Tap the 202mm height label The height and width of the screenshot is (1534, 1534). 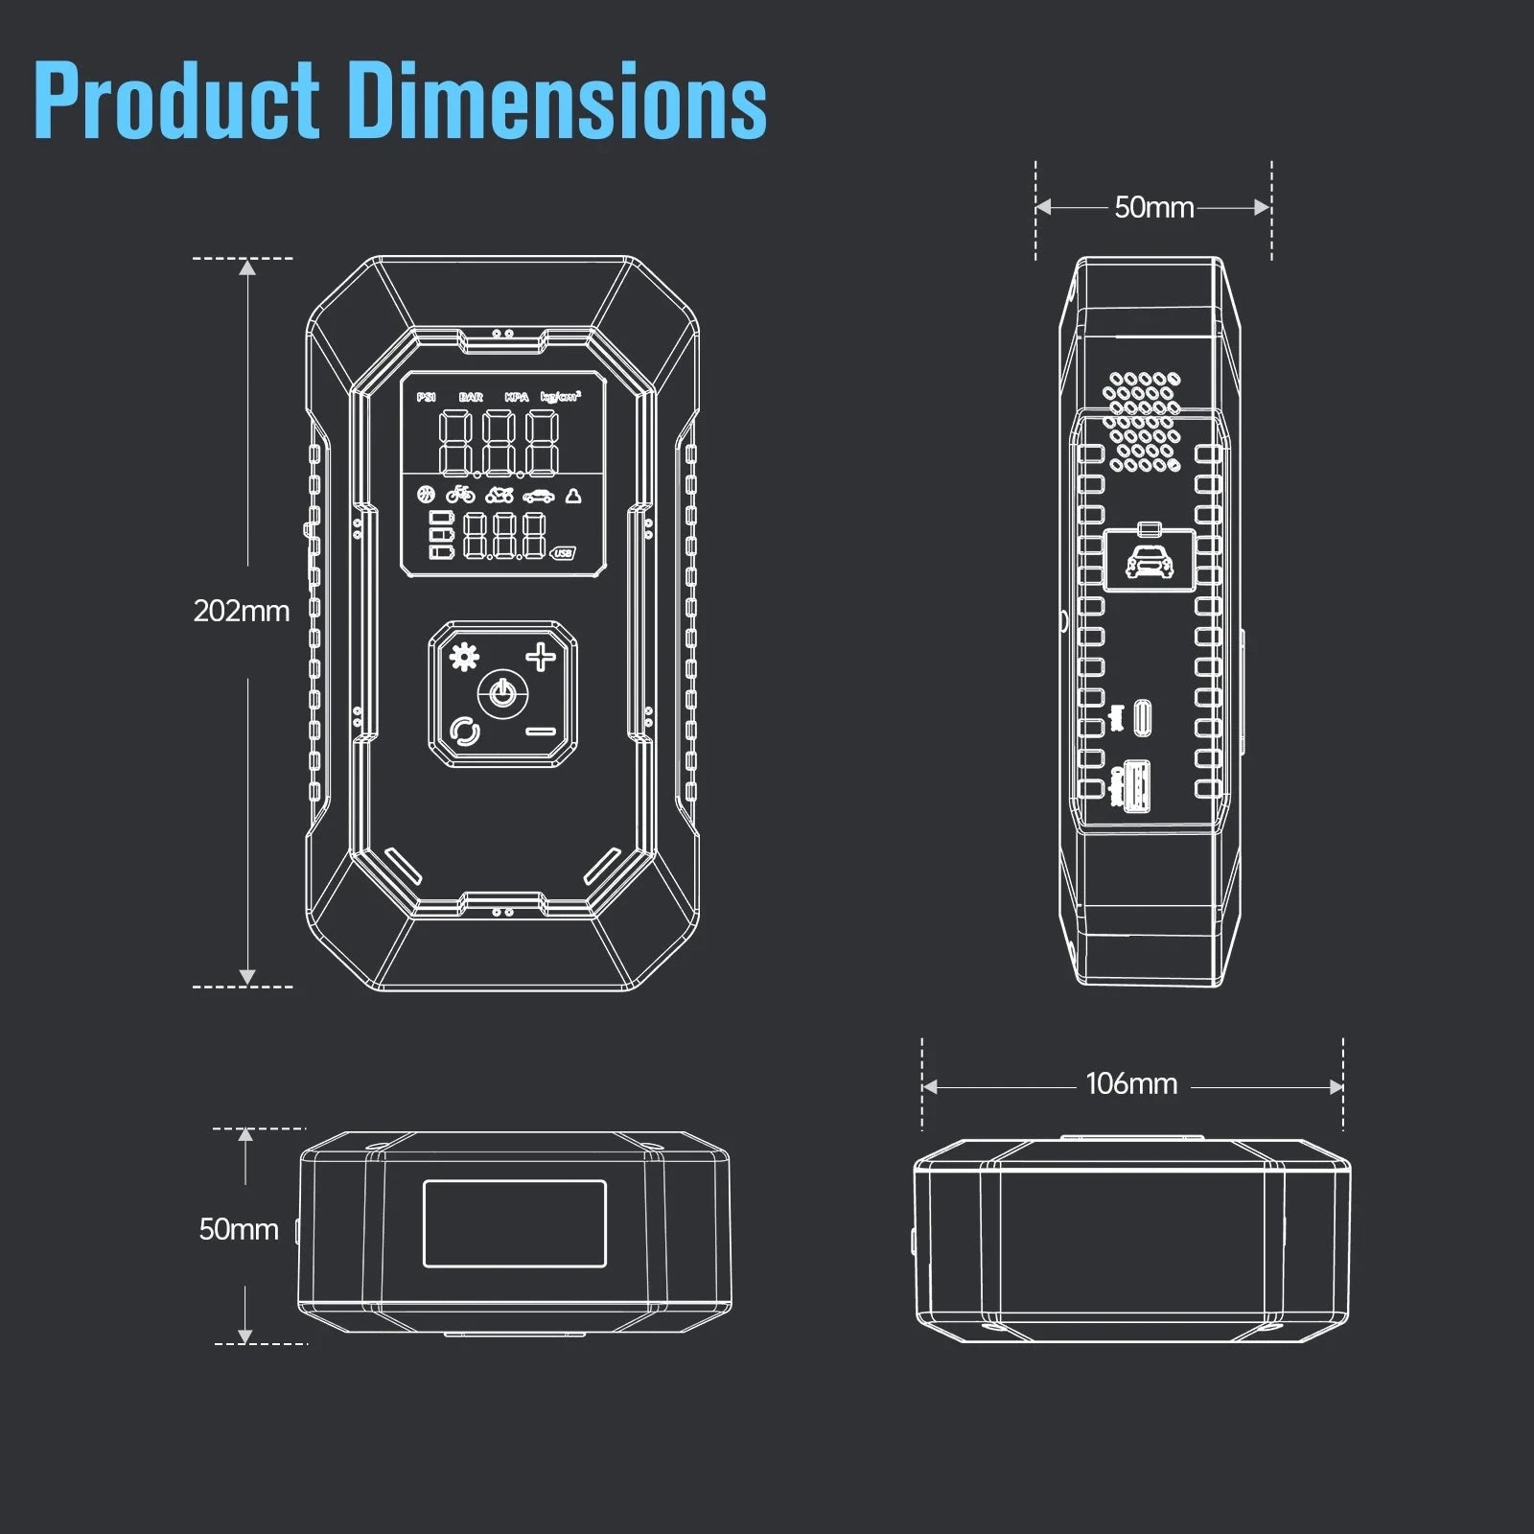pos(241,611)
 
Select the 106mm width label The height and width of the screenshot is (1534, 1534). pos(1131,1084)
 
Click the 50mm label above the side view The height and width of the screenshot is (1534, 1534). pos(1153,207)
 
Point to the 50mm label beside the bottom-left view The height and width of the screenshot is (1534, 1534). pos(238,1229)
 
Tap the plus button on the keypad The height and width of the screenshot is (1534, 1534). pos(541,658)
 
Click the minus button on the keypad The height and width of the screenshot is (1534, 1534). pos(541,732)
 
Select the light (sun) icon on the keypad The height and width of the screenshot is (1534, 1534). pos(465,658)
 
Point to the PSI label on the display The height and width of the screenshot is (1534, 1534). pos(426,397)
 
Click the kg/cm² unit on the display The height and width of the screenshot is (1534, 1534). pos(560,396)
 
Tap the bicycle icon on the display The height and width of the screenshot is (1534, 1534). pos(460,495)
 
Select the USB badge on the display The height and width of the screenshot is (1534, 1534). pos(563,553)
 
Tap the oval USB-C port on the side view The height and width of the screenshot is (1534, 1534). pos(1142,717)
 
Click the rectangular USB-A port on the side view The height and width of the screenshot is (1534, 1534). pos(1139,784)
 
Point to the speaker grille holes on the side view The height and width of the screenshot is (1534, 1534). pos(1141,423)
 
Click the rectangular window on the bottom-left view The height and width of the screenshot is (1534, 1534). pos(515,1223)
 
